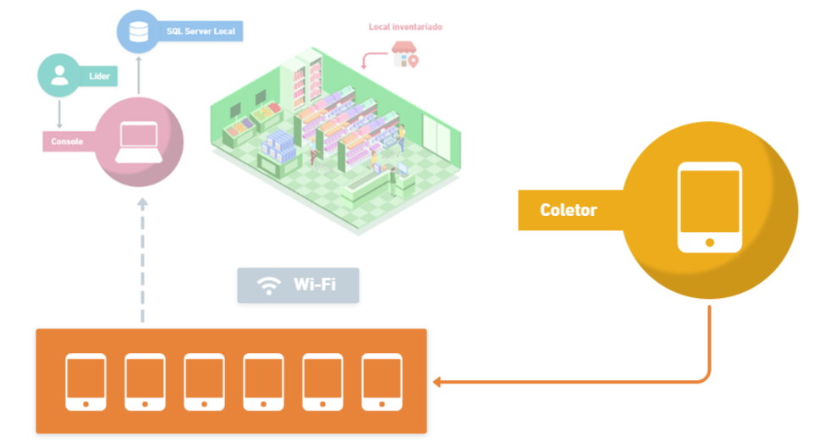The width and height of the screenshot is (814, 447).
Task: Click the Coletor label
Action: pyautogui.click(x=569, y=210)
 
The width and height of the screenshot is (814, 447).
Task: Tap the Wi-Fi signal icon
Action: pyautogui.click(x=269, y=285)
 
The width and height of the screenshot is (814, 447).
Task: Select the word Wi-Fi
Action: pyautogui.click(x=315, y=284)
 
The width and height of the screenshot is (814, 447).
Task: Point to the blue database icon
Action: pyautogui.click(x=136, y=31)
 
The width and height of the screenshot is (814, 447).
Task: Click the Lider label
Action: pyautogui.click(x=101, y=76)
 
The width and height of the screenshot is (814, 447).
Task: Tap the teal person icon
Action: pyautogui.click(x=59, y=75)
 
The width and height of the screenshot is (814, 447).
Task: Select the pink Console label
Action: pyautogui.click(x=68, y=141)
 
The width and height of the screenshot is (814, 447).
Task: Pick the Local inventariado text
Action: pyautogui.click(x=405, y=27)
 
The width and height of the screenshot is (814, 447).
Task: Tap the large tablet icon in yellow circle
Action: pyautogui.click(x=709, y=208)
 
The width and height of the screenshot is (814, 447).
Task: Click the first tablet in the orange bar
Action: pyautogui.click(x=85, y=382)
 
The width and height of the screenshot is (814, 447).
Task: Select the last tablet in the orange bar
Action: pyautogui.click(x=382, y=382)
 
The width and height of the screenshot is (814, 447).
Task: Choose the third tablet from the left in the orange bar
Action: pyautogui.click(x=204, y=382)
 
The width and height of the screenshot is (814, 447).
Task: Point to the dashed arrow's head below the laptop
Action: pyautogui.click(x=142, y=204)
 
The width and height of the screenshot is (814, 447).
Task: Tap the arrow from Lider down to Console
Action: pyautogui.click(x=59, y=113)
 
